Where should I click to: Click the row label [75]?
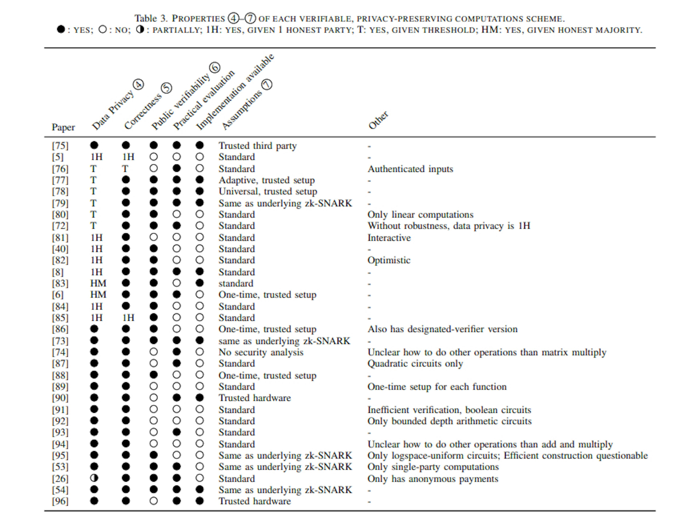60,146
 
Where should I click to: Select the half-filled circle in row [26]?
94,478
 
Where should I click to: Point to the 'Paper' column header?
63,127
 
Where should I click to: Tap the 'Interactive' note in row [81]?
389,238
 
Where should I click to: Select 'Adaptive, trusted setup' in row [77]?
266,180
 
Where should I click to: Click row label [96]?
60,501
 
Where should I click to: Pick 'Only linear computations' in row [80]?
420,214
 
